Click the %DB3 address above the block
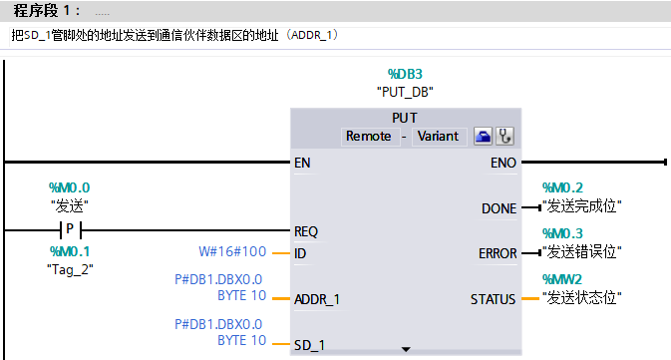405,74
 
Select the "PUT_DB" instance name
405,91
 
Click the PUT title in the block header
405,118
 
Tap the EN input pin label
303,162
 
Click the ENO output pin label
503,162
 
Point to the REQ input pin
306,230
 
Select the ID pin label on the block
300,253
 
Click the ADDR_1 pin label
317,299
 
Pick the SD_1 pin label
309,345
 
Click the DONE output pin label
499,208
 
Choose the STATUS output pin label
494,299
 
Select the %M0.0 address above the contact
69,187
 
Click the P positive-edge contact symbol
71,230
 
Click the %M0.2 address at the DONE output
561,187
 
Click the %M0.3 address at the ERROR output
561,232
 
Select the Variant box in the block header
439,136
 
